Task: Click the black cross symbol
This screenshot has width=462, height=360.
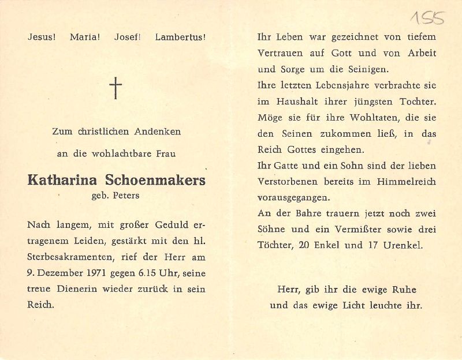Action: (116, 88)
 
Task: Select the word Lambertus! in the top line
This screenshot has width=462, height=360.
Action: (181, 37)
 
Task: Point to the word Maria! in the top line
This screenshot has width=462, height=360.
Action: (85, 37)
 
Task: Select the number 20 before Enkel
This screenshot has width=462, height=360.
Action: (305, 245)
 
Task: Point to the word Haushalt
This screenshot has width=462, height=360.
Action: (290, 102)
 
